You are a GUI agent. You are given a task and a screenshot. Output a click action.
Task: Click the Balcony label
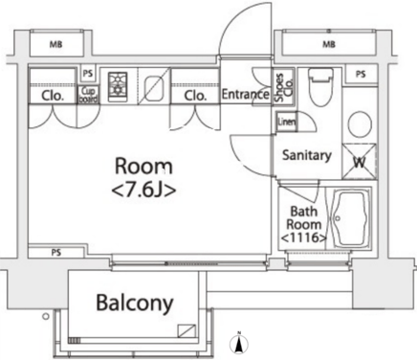click(x=135, y=303)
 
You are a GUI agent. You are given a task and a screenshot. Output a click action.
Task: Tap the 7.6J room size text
click(x=143, y=191)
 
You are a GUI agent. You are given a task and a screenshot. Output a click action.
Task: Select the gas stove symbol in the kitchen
click(x=118, y=85)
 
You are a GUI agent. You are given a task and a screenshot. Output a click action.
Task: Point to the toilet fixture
click(x=320, y=86)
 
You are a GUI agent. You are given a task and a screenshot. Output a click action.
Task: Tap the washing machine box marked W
click(x=360, y=162)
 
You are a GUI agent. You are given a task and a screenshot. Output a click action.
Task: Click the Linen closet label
click(x=287, y=122)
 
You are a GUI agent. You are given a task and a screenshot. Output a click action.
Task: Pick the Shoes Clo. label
click(x=284, y=87)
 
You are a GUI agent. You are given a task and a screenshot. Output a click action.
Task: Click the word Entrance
click(x=245, y=94)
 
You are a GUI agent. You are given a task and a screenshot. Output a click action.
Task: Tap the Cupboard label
click(x=88, y=95)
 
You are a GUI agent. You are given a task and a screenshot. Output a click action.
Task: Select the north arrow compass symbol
click(x=239, y=345)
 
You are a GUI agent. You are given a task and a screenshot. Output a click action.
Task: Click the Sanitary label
click(x=307, y=155)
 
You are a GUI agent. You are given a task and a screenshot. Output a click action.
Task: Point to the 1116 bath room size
click(x=304, y=237)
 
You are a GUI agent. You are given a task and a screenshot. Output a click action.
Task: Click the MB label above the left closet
click(x=55, y=44)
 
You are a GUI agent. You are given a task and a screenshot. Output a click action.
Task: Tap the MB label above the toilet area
click(x=329, y=44)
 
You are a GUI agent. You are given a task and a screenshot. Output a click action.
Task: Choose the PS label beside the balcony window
click(x=56, y=253)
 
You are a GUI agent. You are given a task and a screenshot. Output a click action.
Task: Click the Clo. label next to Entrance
click(x=195, y=96)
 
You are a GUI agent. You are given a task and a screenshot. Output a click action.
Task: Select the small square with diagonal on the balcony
click(x=187, y=331)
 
